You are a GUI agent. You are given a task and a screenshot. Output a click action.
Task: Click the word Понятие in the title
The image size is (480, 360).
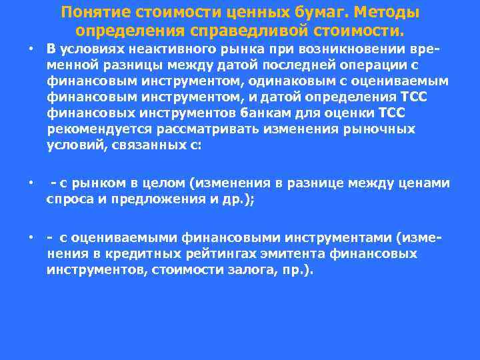[92, 13]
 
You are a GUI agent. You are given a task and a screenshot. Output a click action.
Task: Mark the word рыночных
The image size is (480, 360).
[378, 129]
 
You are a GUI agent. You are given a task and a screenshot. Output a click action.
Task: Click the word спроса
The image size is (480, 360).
[69, 199]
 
